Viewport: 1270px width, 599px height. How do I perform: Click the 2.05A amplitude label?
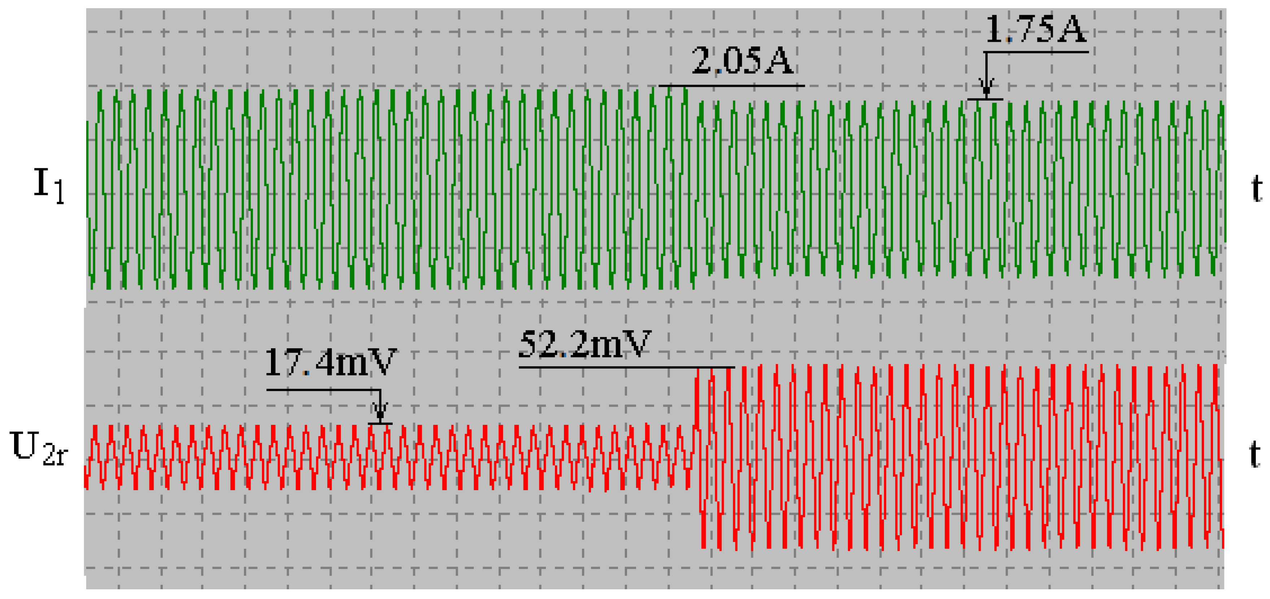(x=742, y=61)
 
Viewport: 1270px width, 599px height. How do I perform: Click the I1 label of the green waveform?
(x=48, y=185)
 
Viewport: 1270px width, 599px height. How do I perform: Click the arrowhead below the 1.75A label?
(x=986, y=89)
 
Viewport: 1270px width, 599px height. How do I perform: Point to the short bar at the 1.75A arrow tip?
(x=985, y=99)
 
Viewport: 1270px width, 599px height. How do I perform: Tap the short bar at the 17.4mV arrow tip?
(x=380, y=423)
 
